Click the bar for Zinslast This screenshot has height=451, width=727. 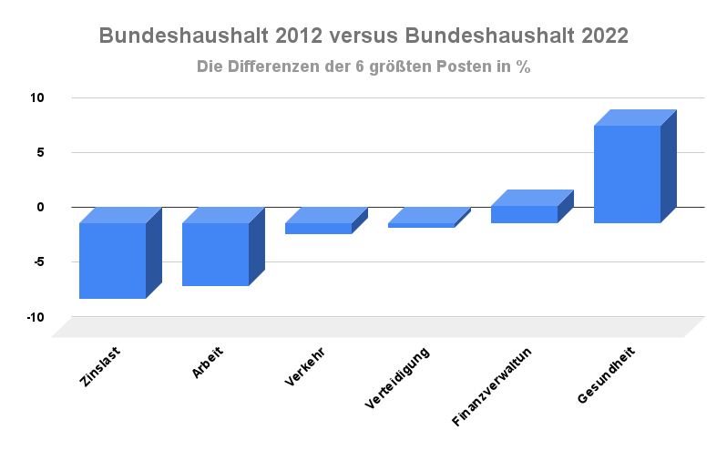(x=113, y=260)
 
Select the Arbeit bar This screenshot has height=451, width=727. (x=216, y=253)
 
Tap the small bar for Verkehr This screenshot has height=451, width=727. (x=319, y=228)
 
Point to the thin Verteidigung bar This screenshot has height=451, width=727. (x=422, y=224)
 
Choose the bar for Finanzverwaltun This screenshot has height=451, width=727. (x=525, y=214)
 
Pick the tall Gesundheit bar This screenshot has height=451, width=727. (x=628, y=173)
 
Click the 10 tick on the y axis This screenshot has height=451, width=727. (x=38, y=97)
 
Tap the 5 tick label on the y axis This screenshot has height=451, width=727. (x=41, y=152)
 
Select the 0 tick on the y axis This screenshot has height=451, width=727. (x=41, y=207)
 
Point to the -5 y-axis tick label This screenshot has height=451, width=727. (x=38, y=262)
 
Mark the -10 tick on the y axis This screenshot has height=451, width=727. (x=36, y=317)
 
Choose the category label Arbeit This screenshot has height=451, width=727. (x=208, y=363)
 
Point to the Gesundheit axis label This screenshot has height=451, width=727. (x=606, y=375)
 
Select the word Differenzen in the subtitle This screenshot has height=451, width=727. (x=272, y=67)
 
